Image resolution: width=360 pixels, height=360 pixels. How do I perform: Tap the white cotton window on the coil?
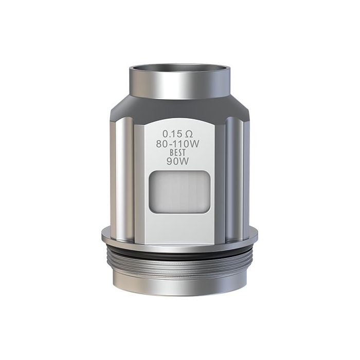click(180, 191)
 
